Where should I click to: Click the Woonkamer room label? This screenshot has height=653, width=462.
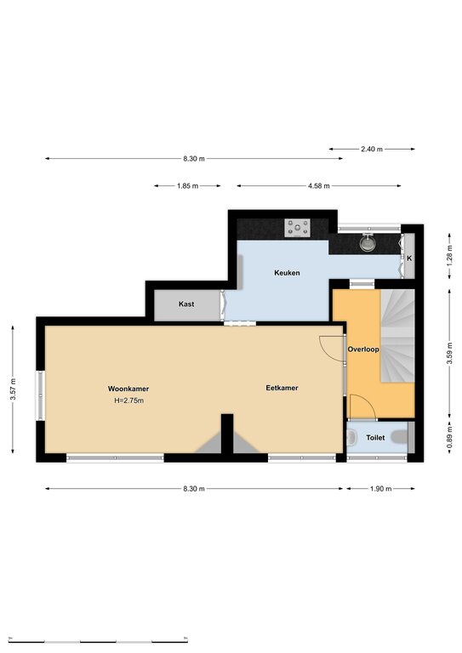point(128,389)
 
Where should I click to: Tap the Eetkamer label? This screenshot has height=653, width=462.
point(282,388)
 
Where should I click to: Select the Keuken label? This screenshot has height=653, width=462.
point(287,273)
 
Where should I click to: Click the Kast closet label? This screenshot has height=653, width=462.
point(186,304)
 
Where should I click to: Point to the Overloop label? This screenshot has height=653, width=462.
point(363,349)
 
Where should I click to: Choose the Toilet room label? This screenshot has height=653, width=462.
point(375,438)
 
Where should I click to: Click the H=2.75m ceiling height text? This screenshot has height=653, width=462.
point(129,400)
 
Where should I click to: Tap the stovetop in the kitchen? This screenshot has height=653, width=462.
point(298,228)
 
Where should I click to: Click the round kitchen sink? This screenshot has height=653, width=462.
point(368,243)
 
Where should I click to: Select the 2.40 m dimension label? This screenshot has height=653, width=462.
point(372,149)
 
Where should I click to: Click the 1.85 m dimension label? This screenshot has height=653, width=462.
point(187,185)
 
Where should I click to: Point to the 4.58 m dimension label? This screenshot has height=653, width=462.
point(319,185)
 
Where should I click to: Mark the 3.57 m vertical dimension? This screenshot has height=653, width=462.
point(13,389)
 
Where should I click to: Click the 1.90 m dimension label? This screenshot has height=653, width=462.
point(381,489)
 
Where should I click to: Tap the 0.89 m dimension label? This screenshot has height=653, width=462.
point(449,438)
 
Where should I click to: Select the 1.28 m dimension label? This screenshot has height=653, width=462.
point(449,256)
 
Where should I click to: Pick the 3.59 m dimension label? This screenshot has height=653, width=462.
point(449,353)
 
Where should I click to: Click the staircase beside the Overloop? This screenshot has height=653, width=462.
point(398,336)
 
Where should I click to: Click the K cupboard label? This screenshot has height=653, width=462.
point(409,258)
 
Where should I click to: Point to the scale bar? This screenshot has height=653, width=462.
point(98,639)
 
